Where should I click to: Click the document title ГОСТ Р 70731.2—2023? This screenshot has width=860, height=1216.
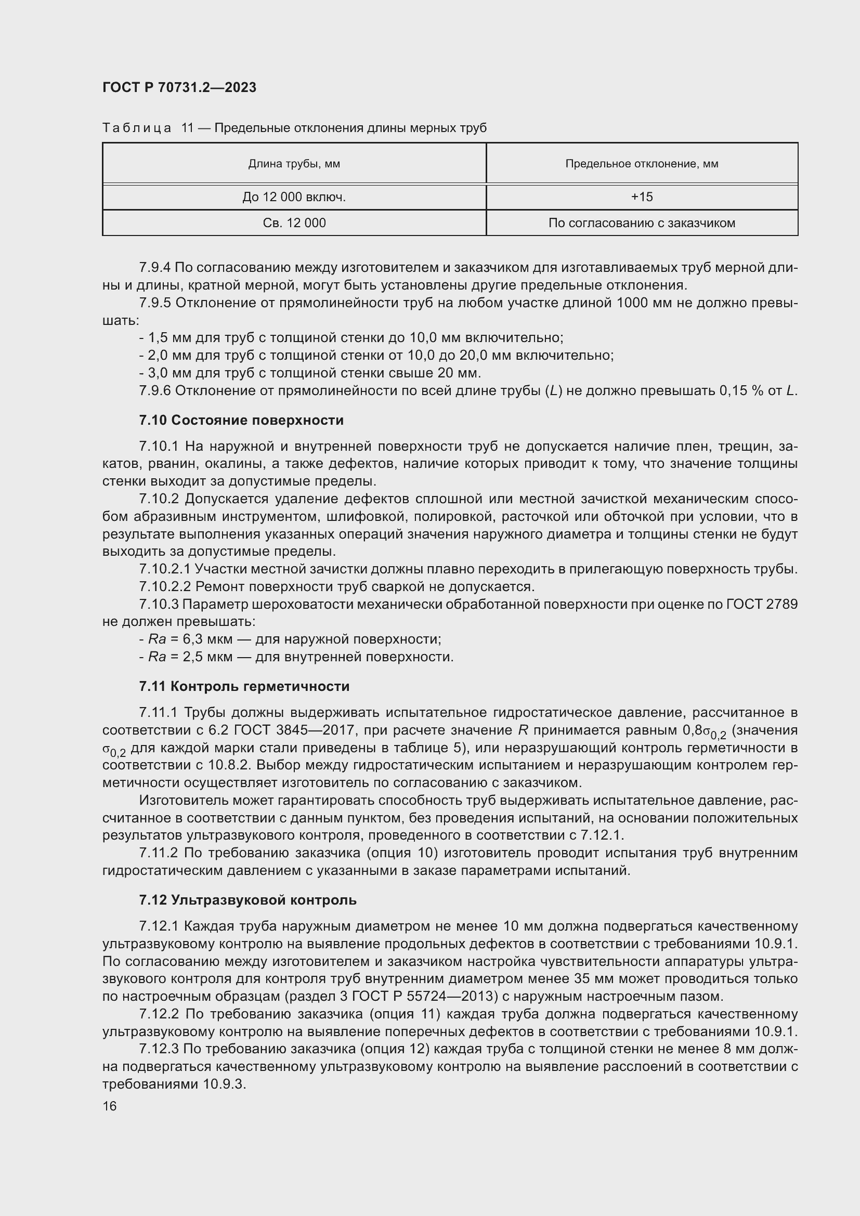click(179, 87)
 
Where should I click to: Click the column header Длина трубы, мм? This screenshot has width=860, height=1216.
click(294, 164)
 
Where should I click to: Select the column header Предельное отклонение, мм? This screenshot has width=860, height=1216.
click(641, 164)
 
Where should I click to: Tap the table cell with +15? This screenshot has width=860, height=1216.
click(641, 197)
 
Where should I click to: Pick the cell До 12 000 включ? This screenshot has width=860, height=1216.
click(294, 197)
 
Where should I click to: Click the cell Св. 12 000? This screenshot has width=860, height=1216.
click(294, 223)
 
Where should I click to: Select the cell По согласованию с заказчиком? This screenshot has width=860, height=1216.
click(641, 223)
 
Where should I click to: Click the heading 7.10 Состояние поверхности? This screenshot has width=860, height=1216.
click(241, 420)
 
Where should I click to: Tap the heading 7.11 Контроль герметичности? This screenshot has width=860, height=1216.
click(244, 686)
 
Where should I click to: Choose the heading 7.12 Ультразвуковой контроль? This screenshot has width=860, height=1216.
click(248, 900)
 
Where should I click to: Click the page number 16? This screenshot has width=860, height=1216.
click(110, 1106)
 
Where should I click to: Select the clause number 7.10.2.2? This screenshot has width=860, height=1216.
click(165, 587)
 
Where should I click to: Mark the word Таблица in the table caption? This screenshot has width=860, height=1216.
click(137, 128)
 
